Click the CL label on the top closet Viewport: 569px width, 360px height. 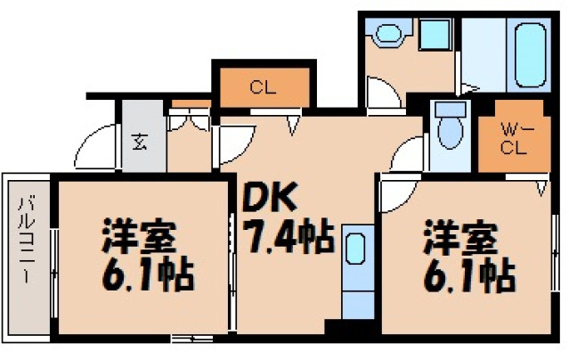260,87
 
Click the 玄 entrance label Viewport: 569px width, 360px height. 142,141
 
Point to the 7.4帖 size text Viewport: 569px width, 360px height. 288,236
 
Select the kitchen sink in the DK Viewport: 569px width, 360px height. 354,250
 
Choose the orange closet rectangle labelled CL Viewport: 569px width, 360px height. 261,87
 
